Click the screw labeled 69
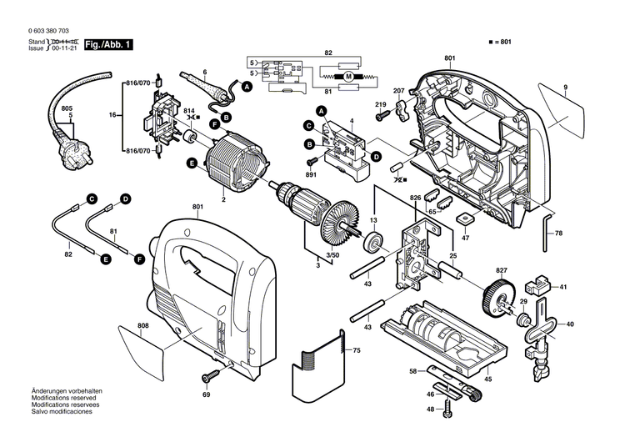(207, 376)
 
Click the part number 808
(142, 325)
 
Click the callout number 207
(398, 90)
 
